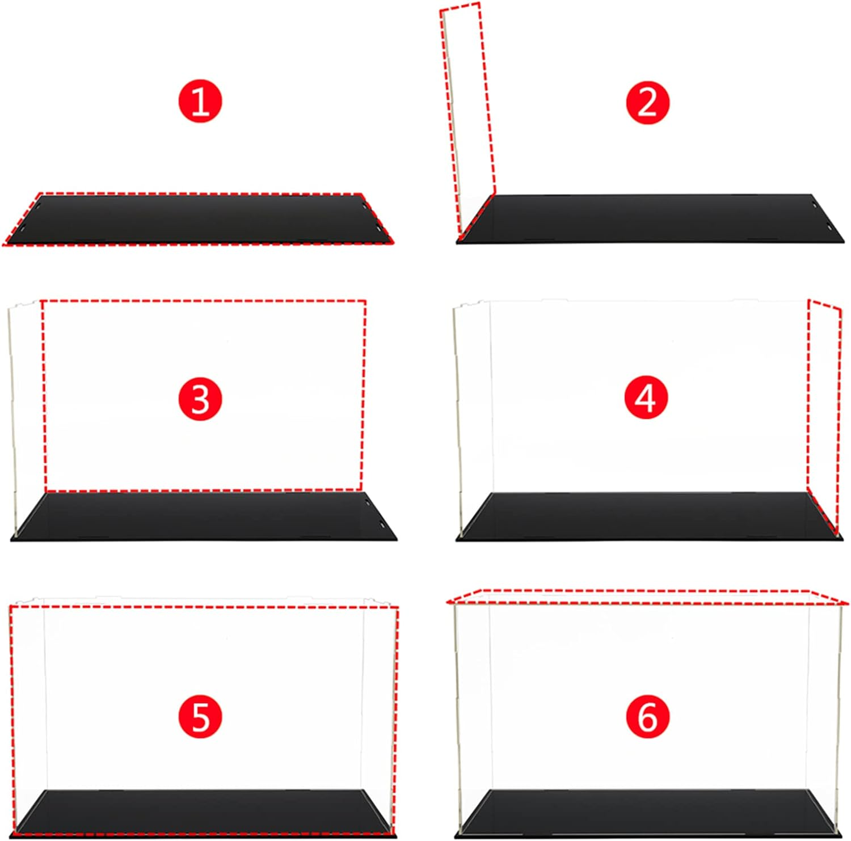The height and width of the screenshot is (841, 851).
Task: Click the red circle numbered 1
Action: tap(200, 102)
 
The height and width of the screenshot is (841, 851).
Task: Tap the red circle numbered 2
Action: tap(647, 103)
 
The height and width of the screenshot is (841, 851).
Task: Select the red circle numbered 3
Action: tap(200, 399)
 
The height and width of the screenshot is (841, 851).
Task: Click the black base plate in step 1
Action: tap(199, 219)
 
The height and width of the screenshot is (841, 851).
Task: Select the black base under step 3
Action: tap(204, 516)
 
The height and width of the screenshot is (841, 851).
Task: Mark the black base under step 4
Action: tap(650, 516)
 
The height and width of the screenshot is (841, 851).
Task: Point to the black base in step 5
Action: tap(204, 812)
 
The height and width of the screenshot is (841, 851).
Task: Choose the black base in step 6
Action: tap(650, 812)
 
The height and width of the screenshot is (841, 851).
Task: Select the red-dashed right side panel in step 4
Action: tap(824, 414)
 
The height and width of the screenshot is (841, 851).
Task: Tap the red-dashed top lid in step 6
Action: tap(647, 596)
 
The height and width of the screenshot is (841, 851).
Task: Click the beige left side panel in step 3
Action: tap(14, 420)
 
